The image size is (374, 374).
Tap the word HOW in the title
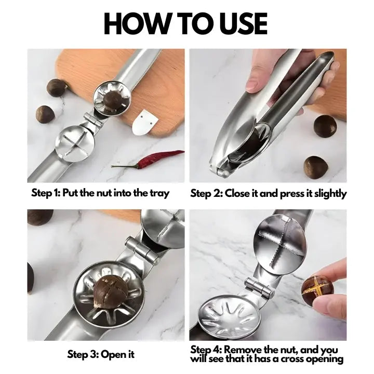point(136,23)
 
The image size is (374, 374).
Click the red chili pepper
point(149,158)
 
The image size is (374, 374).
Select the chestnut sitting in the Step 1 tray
point(112,100)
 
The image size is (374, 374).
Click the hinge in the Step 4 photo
point(259,288)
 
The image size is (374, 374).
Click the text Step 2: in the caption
point(206,193)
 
